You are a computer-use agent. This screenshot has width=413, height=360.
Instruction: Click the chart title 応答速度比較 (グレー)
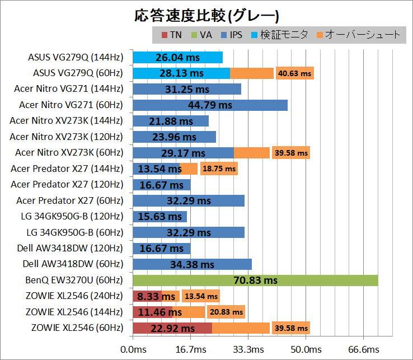[206, 15]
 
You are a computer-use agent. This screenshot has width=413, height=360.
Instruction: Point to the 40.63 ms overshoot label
[294, 73]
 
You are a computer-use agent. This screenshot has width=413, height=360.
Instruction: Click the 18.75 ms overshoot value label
[219, 169]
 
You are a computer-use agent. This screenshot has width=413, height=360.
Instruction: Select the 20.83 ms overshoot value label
[226, 312]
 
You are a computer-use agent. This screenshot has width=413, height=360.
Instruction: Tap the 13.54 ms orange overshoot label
[201, 296]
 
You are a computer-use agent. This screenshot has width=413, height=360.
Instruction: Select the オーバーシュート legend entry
[359, 35]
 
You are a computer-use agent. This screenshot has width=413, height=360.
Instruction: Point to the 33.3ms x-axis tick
[248, 349]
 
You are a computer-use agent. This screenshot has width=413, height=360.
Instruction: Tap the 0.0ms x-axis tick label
[133, 349]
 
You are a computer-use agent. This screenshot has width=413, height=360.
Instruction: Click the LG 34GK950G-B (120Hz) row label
[74, 216]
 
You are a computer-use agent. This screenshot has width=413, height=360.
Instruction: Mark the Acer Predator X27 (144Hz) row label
[67, 169]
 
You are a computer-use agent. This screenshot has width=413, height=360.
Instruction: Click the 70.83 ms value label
[255, 280]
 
